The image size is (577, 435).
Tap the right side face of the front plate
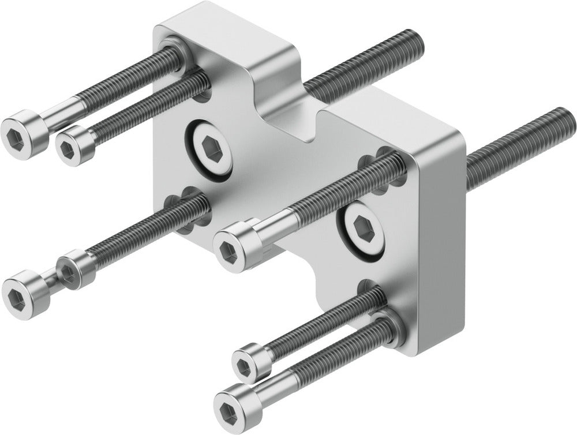point(441,242)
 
